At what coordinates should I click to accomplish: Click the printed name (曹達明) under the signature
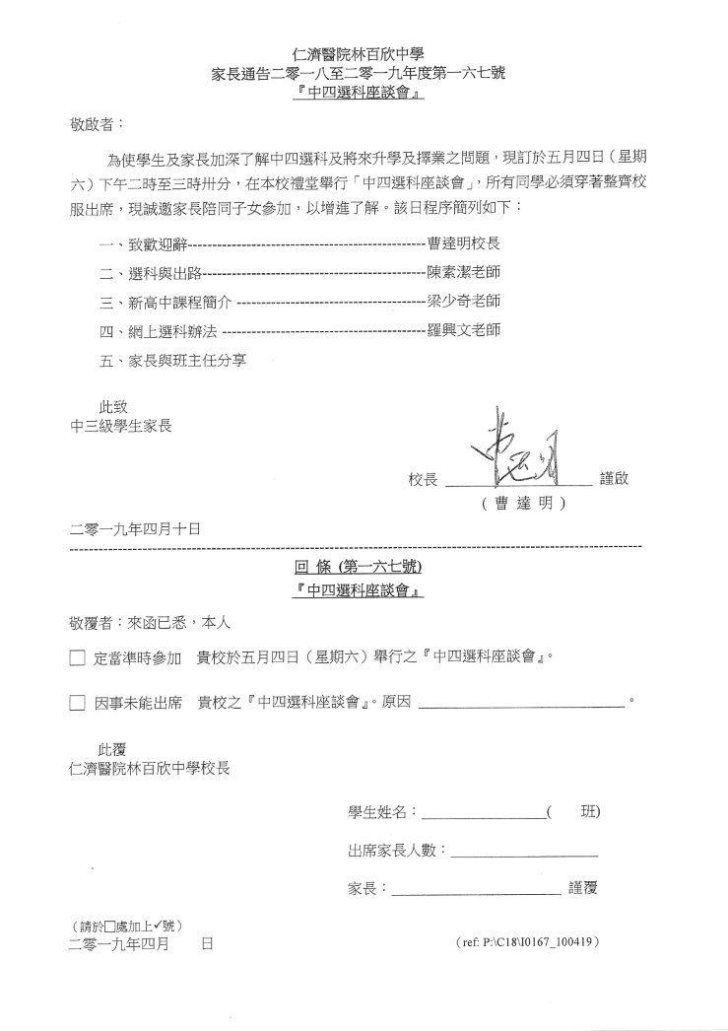tap(522, 504)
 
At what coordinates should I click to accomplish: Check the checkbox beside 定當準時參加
tap(78, 657)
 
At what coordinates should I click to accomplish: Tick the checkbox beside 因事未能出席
tap(78, 704)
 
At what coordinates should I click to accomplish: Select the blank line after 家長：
tap(476, 891)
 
